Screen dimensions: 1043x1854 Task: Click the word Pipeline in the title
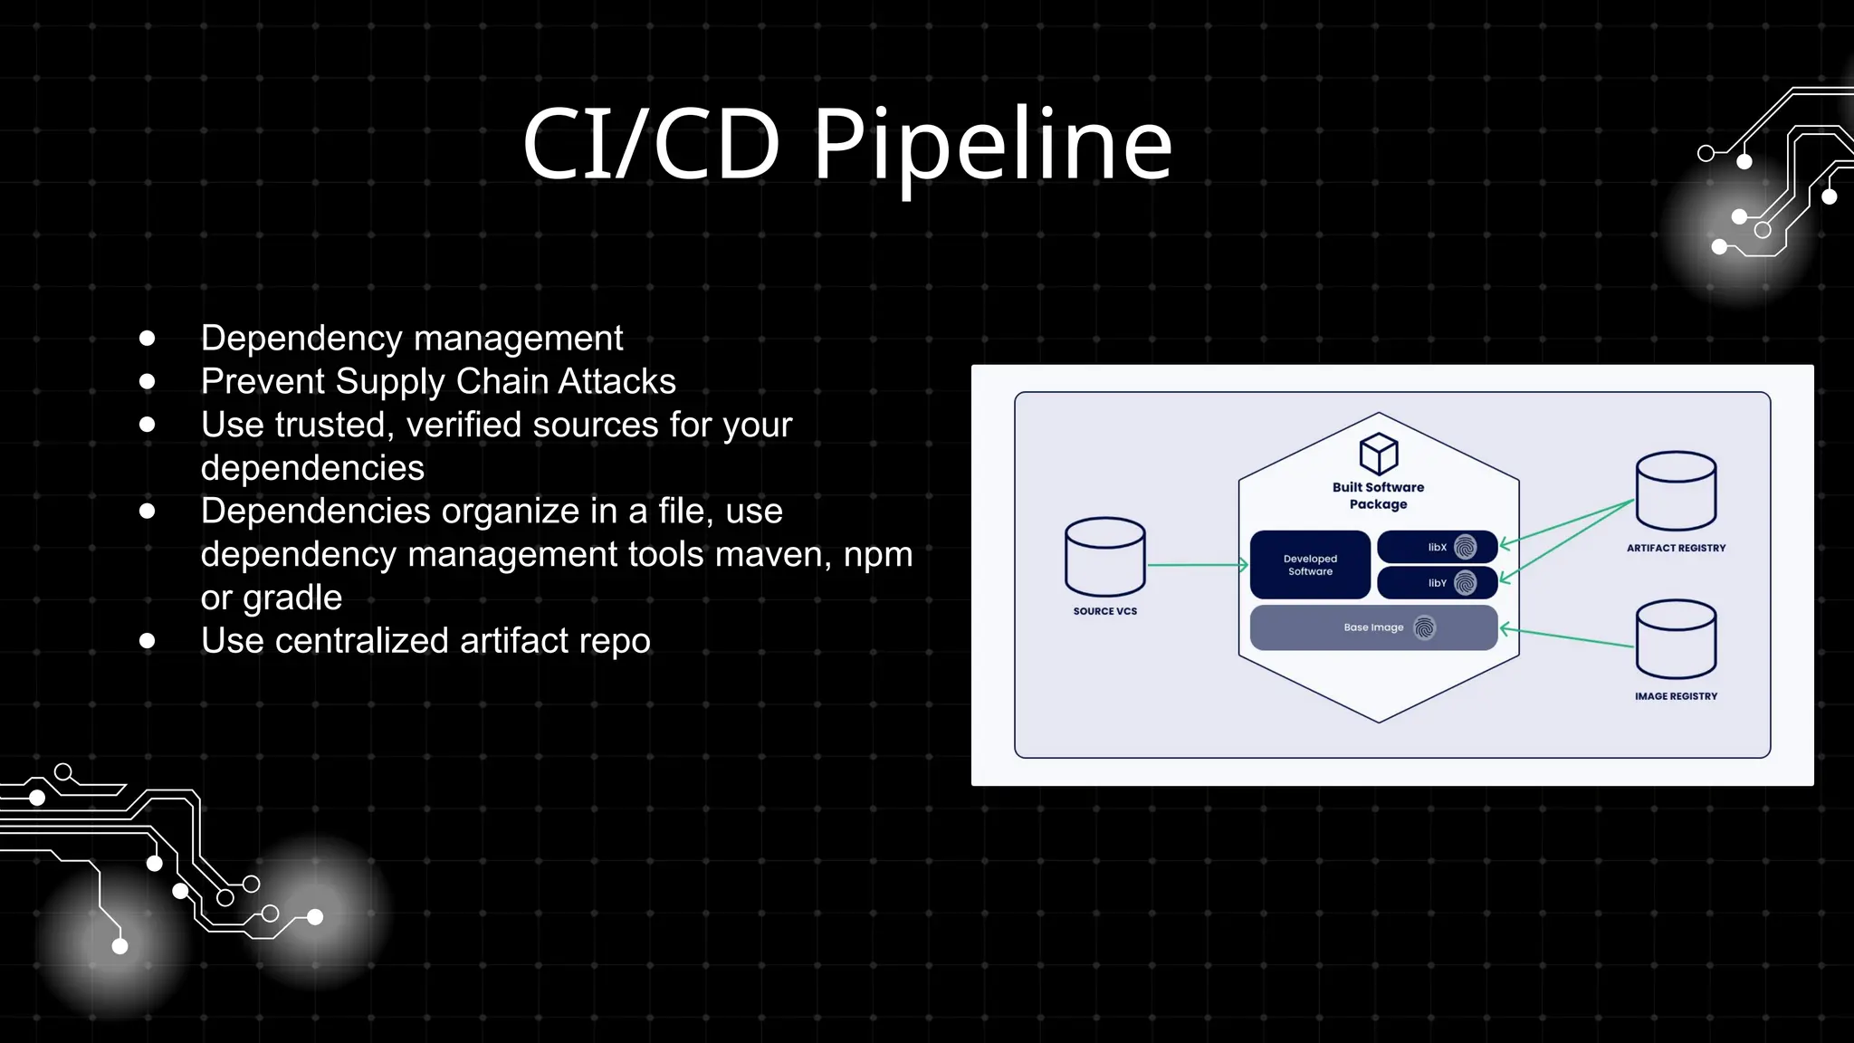tap(992, 145)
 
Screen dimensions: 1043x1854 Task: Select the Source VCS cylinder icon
tap(1104, 557)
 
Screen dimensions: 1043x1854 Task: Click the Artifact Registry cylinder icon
tap(1676, 491)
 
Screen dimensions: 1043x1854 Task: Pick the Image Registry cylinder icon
tap(1676, 639)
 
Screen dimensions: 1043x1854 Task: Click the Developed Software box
tap(1310, 565)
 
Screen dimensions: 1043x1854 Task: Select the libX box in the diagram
tap(1437, 547)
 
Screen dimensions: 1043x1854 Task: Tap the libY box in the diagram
tap(1437, 583)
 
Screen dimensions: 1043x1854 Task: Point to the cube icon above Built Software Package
tap(1379, 454)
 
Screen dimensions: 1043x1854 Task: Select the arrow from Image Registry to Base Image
tap(1567, 637)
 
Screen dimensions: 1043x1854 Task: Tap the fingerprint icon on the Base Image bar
tap(1425, 627)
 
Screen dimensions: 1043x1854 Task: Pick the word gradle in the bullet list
tap(292, 598)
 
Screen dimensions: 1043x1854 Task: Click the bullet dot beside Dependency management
tap(148, 339)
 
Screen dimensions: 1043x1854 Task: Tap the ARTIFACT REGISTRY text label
tap(1676, 548)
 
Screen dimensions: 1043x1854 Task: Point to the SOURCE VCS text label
tap(1104, 611)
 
